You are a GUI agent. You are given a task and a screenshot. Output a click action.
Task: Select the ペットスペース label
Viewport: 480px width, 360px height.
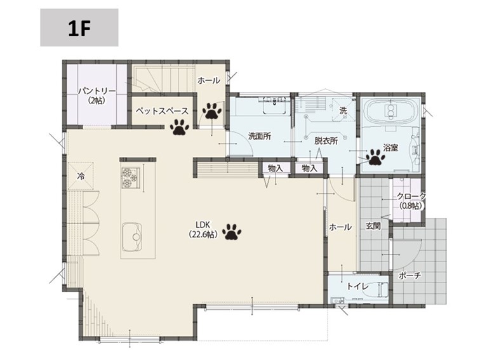[162, 111]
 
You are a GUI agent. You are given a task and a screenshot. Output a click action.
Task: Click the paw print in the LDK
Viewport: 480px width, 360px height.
[232, 232]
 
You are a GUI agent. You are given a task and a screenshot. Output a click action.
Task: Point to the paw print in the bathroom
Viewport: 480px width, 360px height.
[375, 157]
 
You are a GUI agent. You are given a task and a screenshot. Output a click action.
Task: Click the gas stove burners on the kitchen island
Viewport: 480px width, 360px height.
[131, 177]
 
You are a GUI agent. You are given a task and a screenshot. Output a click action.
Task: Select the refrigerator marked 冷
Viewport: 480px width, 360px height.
[81, 176]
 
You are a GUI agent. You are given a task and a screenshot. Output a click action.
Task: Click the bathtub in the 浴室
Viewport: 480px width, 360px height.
[390, 112]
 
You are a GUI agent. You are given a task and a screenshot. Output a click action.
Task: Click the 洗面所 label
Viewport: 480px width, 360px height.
[260, 136]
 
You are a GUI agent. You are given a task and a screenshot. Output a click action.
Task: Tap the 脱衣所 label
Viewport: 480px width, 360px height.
[326, 140]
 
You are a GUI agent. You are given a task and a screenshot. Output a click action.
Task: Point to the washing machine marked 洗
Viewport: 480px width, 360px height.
[343, 110]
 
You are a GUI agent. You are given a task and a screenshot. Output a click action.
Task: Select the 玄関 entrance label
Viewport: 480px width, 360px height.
[373, 226]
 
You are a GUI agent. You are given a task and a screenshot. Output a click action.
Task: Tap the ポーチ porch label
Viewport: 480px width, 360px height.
[410, 276]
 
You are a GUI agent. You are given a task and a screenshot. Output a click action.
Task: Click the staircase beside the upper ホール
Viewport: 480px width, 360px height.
[163, 78]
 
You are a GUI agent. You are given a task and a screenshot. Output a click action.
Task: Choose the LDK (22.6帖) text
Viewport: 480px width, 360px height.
[203, 230]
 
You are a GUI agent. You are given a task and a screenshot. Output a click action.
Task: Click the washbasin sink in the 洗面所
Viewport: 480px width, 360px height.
[274, 105]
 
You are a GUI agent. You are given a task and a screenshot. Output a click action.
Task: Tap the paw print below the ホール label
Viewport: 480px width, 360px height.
[212, 110]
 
